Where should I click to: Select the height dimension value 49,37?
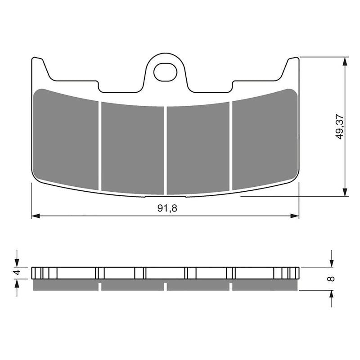(339, 126)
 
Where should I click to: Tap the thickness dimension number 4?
(17, 273)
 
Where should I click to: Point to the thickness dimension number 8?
(332, 279)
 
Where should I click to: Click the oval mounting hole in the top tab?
(165, 72)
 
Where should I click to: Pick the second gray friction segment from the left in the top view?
(132, 148)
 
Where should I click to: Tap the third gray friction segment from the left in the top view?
(198, 148)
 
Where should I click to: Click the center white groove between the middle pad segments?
(165, 151)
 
